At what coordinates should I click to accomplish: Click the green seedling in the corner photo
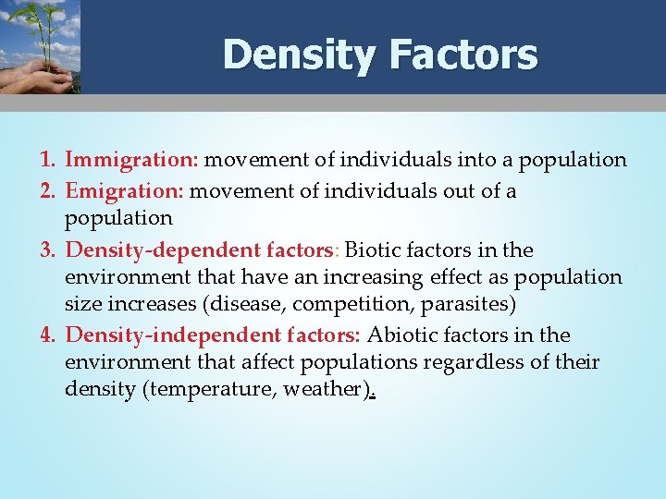coord(31,28)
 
